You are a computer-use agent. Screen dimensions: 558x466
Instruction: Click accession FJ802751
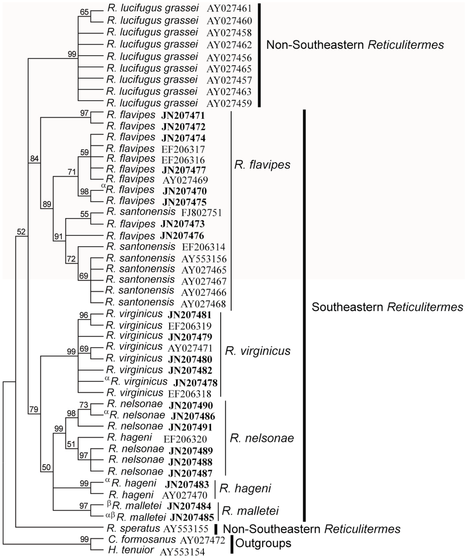click(200, 212)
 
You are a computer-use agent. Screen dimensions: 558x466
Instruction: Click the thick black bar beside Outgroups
click(233, 545)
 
